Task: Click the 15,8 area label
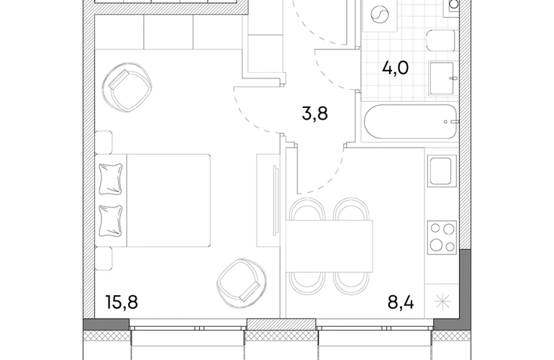[122, 302]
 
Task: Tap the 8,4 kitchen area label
[401, 302]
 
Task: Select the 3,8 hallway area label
[315, 114]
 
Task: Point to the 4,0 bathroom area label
[396, 68]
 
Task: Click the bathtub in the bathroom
[410, 122]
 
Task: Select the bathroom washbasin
[442, 78]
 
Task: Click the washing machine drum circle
[380, 14]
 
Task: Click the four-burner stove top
[442, 238]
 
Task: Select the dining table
[330, 246]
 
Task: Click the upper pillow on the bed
[111, 179]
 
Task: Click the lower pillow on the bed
[111, 221]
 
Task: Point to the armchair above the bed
[127, 87]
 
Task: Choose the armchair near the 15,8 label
[241, 281]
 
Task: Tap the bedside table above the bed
[104, 142]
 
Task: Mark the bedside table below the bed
[104, 258]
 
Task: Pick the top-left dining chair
[306, 210]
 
